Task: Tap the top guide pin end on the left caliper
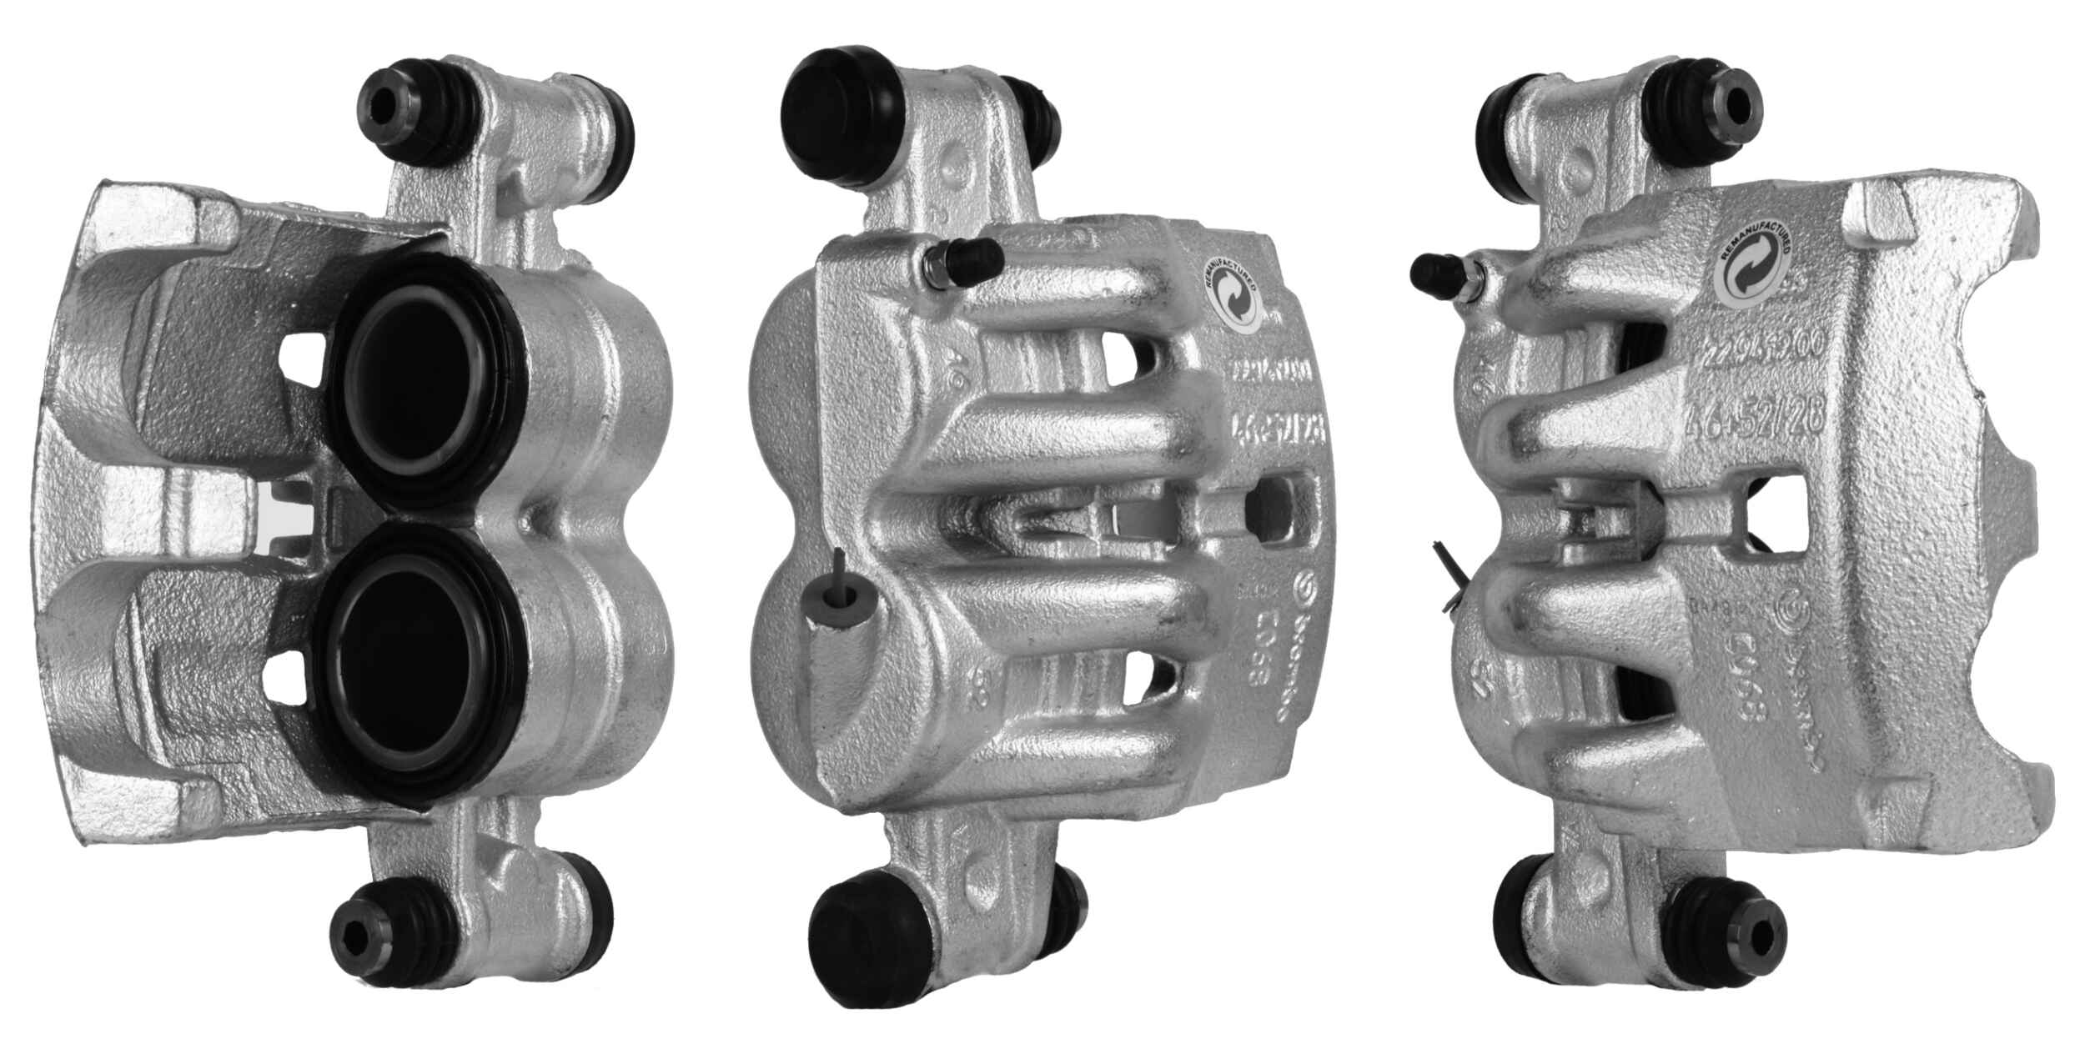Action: pos(387,106)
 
